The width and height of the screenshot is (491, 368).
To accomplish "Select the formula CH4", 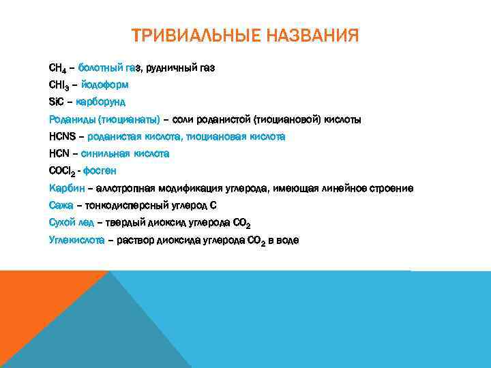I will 57,69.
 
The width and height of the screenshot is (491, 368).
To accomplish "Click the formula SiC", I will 57,102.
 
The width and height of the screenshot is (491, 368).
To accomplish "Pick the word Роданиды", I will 70,120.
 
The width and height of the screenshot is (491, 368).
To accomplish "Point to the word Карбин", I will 66,188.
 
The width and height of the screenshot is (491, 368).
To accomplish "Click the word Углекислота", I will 76,240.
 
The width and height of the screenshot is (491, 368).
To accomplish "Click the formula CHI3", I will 59,86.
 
